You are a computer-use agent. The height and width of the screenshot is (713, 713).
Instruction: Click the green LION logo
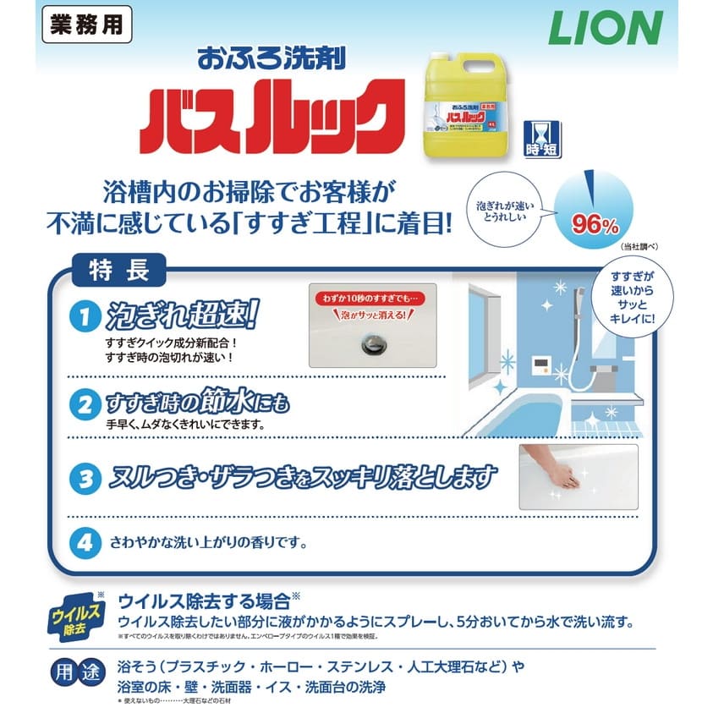point(605,29)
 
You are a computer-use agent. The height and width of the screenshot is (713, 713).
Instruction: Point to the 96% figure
point(595,224)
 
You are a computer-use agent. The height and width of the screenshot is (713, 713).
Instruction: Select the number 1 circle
point(85,319)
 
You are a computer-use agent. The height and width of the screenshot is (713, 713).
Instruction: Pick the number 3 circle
point(85,480)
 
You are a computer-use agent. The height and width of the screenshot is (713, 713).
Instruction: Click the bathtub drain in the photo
point(372,342)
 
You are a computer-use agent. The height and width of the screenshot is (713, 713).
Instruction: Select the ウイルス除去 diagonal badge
point(76,617)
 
